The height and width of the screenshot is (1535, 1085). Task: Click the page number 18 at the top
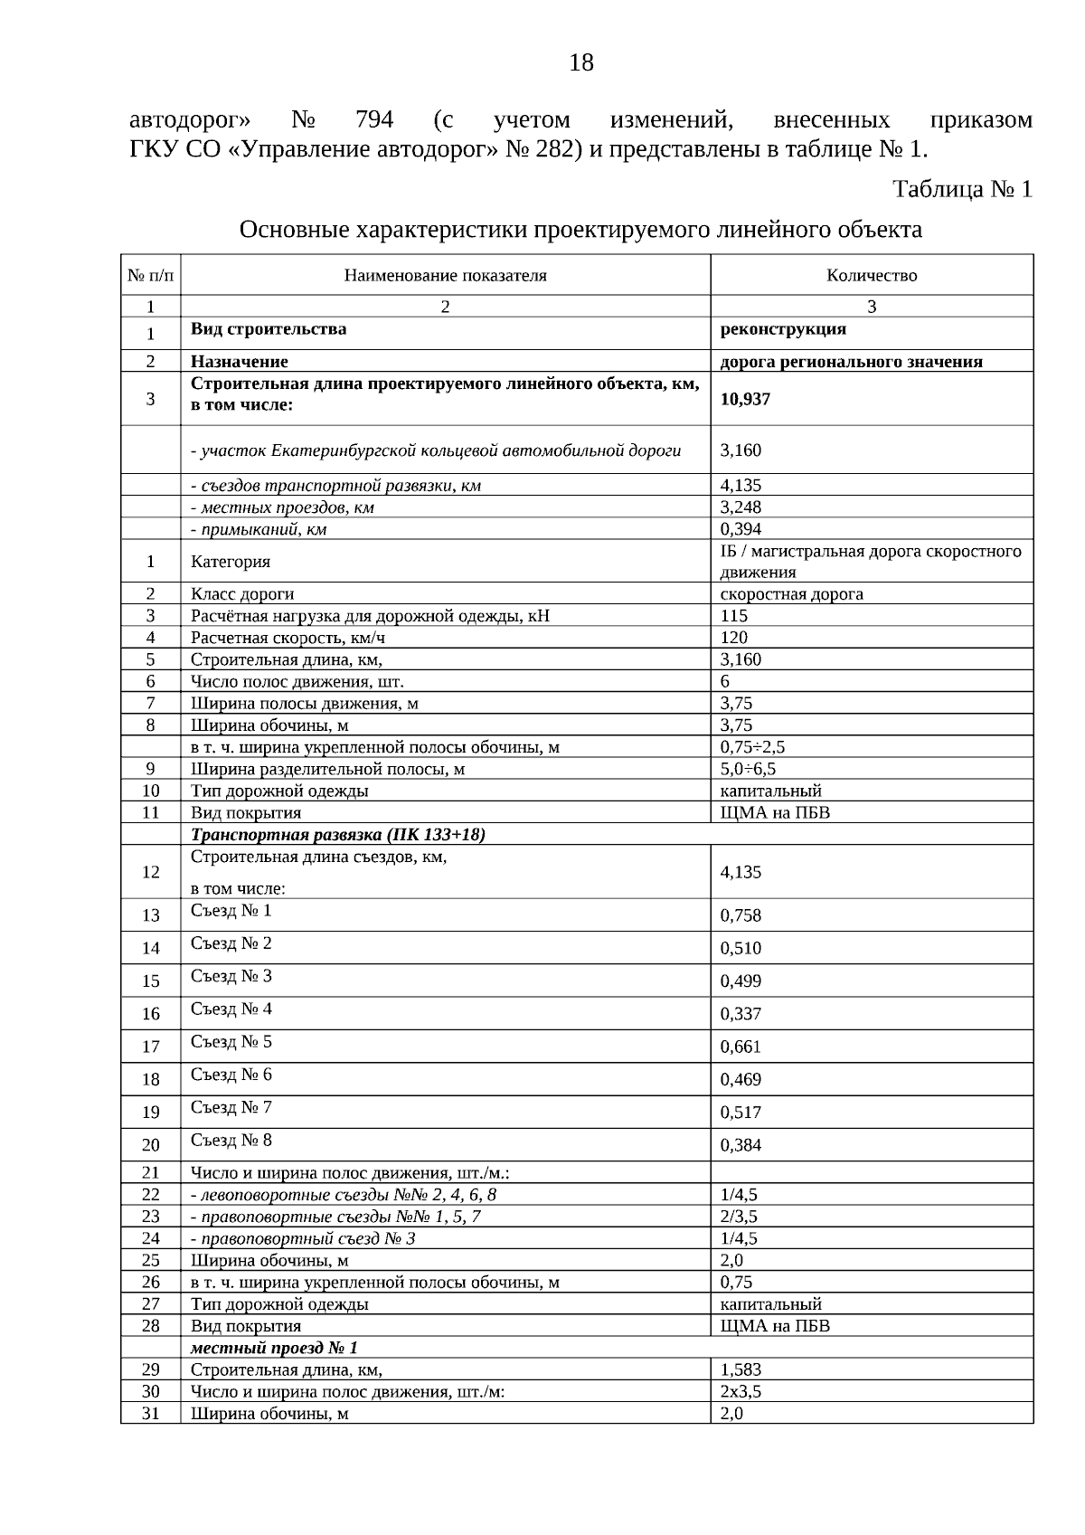tap(581, 63)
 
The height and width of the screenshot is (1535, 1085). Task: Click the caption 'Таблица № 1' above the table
tap(962, 190)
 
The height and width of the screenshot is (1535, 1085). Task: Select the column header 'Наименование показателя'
tap(445, 276)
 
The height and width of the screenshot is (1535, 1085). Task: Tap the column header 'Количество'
tap(872, 276)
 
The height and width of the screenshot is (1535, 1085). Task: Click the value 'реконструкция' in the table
tap(783, 329)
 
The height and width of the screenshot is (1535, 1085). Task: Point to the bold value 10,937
tap(745, 399)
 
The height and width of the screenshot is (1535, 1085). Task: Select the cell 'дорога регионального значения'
tap(851, 362)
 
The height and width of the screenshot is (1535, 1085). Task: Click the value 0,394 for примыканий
tap(741, 529)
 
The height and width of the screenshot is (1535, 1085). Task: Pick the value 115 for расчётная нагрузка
tap(733, 616)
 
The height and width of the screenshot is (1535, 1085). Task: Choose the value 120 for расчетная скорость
tap(733, 638)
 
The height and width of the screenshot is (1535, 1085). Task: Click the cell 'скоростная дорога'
tap(791, 594)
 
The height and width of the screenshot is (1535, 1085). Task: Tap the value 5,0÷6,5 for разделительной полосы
tap(748, 769)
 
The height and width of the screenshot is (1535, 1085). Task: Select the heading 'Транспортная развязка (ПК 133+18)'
tap(338, 834)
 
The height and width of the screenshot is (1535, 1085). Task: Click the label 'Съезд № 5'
tap(231, 1042)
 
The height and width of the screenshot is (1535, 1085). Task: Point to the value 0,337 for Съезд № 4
tap(741, 1014)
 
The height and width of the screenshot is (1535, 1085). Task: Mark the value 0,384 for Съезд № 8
tap(741, 1145)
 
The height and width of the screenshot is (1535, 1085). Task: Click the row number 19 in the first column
tap(150, 1113)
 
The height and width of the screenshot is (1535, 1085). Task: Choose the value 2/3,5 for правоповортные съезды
tap(739, 1217)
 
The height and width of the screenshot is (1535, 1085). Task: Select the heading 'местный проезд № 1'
tap(274, 1348)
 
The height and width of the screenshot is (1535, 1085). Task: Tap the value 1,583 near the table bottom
tap(741, 1369)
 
